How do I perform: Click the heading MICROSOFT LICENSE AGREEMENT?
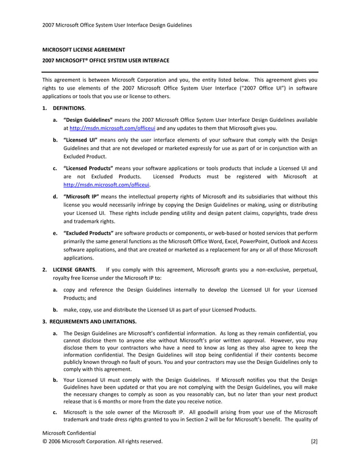pyautogui.click(x=84, y=50)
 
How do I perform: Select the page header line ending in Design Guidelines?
pyautogui.click(x=117, y=25)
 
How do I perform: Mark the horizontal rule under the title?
pyautogui.click(x=180, y=72)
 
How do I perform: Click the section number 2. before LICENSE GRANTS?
pyautogui.click(x=45, y=270)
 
